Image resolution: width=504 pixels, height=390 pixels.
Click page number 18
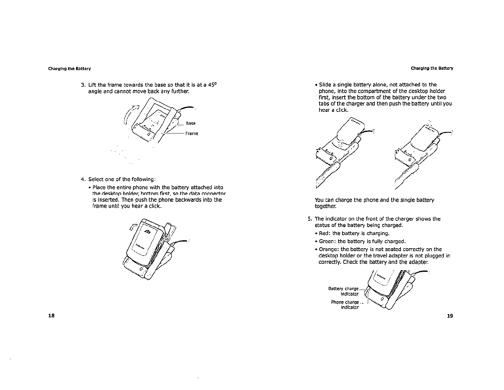51,316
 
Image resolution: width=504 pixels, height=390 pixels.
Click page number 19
450,316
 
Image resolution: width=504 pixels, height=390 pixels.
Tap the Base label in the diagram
191,123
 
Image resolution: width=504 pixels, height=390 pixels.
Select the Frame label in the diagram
192,134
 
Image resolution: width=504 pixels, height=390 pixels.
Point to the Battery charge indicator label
343,291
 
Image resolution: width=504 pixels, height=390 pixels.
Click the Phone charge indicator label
345,305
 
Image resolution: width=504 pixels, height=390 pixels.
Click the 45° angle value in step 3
213,85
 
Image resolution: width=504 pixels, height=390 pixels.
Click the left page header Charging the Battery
69,69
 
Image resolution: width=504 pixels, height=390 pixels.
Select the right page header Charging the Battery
432,69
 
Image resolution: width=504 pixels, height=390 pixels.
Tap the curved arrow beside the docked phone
133,227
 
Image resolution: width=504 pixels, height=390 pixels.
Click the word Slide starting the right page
325,85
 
